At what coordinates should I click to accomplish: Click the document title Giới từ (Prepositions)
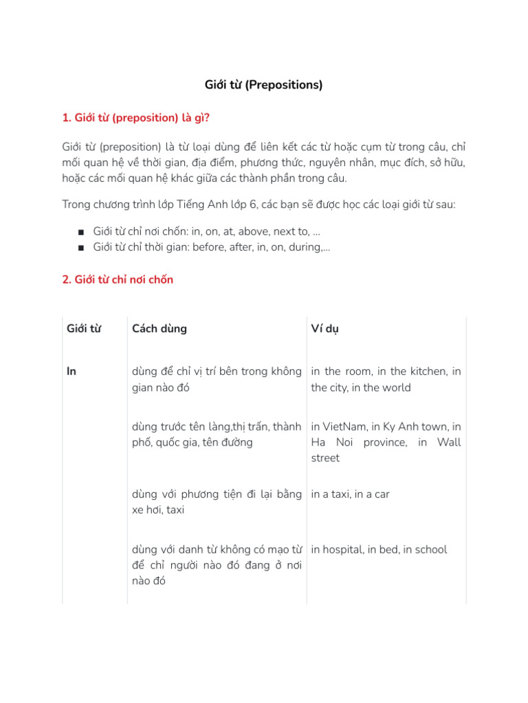point(263,85)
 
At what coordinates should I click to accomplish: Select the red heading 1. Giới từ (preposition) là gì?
point(135,117)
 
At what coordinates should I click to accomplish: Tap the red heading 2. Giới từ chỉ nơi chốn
point(118,279)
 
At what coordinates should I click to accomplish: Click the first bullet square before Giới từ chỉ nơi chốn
point(81,232)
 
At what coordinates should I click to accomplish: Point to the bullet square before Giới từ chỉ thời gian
point(81,247)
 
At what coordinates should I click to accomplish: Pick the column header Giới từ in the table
point(84,328)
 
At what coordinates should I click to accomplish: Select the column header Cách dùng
point(159,328)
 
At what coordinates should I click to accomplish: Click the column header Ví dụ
point(324,328)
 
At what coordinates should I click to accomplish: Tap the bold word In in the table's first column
point(71,371)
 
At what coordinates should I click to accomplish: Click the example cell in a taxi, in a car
point(350,494)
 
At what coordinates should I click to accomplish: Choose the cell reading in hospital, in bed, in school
point(379,549)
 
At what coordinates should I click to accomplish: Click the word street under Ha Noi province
point(325,458)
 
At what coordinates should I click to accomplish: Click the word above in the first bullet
point(254,232)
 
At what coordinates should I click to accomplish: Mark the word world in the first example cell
point(395,387)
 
